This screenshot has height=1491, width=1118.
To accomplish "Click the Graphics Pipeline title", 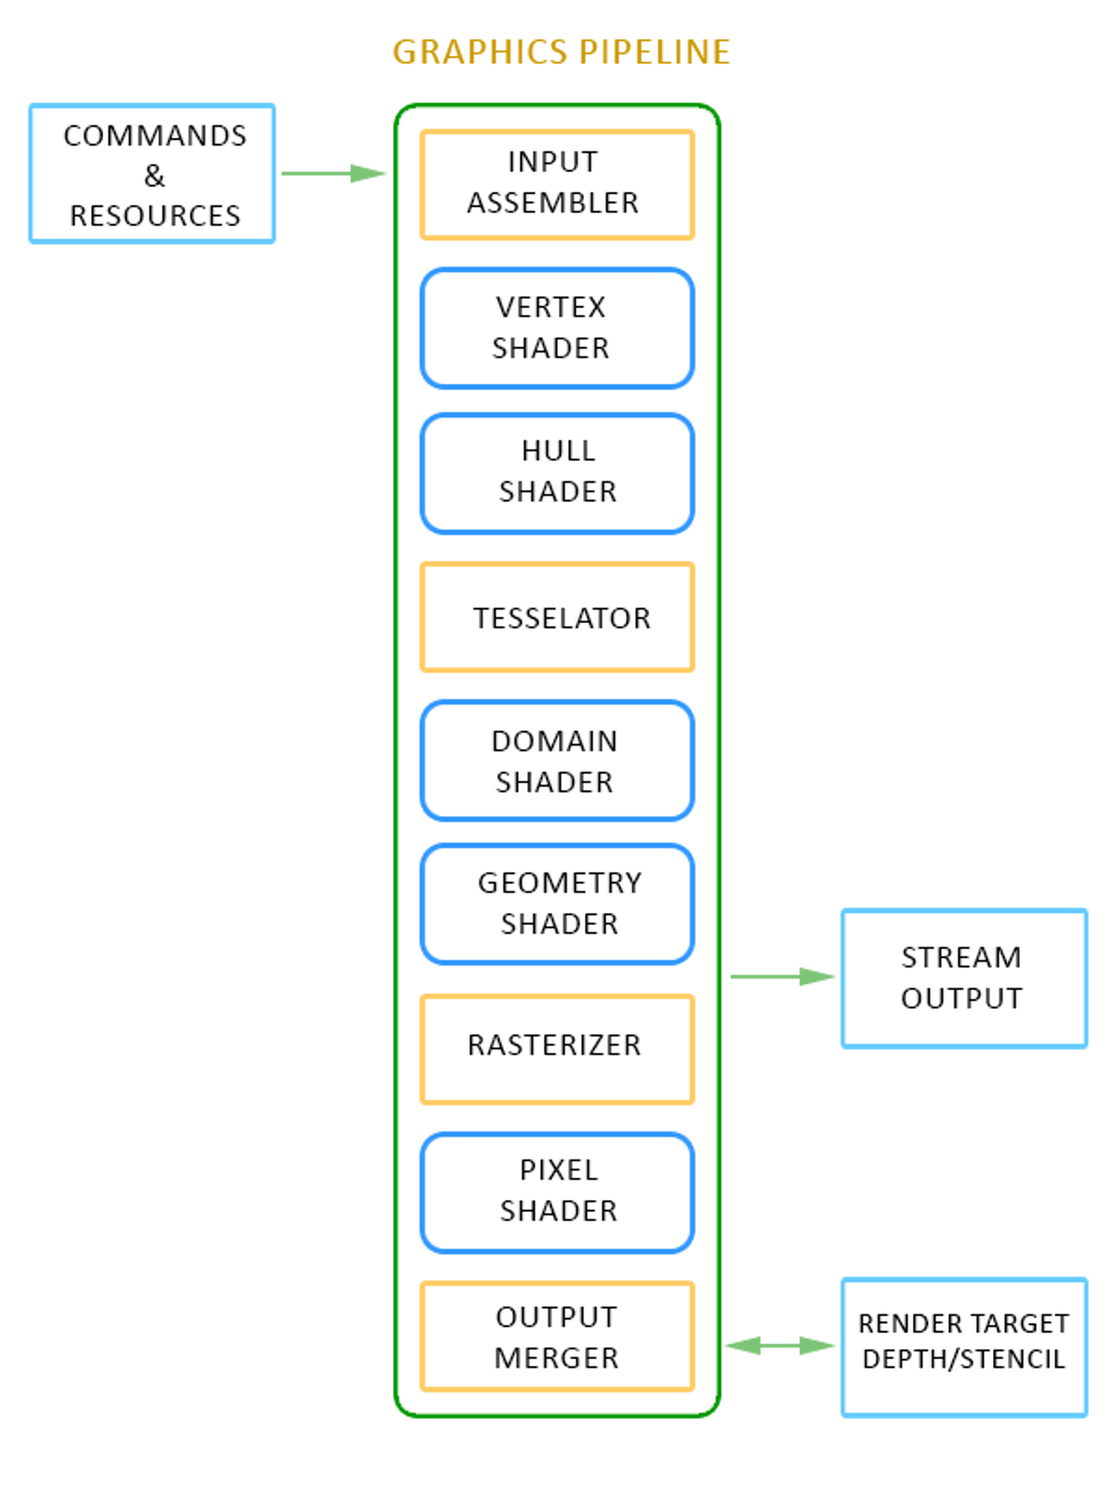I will click(x=561, y=52).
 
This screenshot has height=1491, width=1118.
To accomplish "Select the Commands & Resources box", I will click(x=152, y=174).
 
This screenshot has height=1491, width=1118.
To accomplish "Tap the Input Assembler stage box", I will click(x=557, y=184).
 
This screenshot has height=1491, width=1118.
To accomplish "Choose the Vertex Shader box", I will click(x=557, y=328).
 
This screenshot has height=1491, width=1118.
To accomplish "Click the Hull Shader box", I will click(x=557, y=472).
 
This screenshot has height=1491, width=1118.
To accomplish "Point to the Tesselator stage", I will click(x=557, y=617).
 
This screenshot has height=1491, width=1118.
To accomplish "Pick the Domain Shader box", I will click(x=557, y=761).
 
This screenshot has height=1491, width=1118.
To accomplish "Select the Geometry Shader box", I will click(x=557, y=904).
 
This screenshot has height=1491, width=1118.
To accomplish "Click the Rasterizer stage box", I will click(x=557, y=1049).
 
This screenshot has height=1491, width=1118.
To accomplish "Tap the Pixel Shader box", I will click(x=557, y=1192).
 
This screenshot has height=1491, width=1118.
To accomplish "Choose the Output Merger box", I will click(x=557, y=1337).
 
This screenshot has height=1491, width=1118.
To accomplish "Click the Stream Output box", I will click(x=964, y=978).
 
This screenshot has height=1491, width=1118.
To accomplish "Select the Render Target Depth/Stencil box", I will click(x=964, y=1347).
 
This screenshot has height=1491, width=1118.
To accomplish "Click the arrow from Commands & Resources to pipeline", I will click(x=334, y=174).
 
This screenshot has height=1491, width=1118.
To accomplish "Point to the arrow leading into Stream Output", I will click(x=783, y=976).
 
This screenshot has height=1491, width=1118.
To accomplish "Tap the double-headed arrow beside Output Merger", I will click(x=780, y=1346).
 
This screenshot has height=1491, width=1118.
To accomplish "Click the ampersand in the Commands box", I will click(x=154, y=177).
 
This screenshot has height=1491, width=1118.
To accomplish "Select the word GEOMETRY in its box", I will click(x=560, y=883).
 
